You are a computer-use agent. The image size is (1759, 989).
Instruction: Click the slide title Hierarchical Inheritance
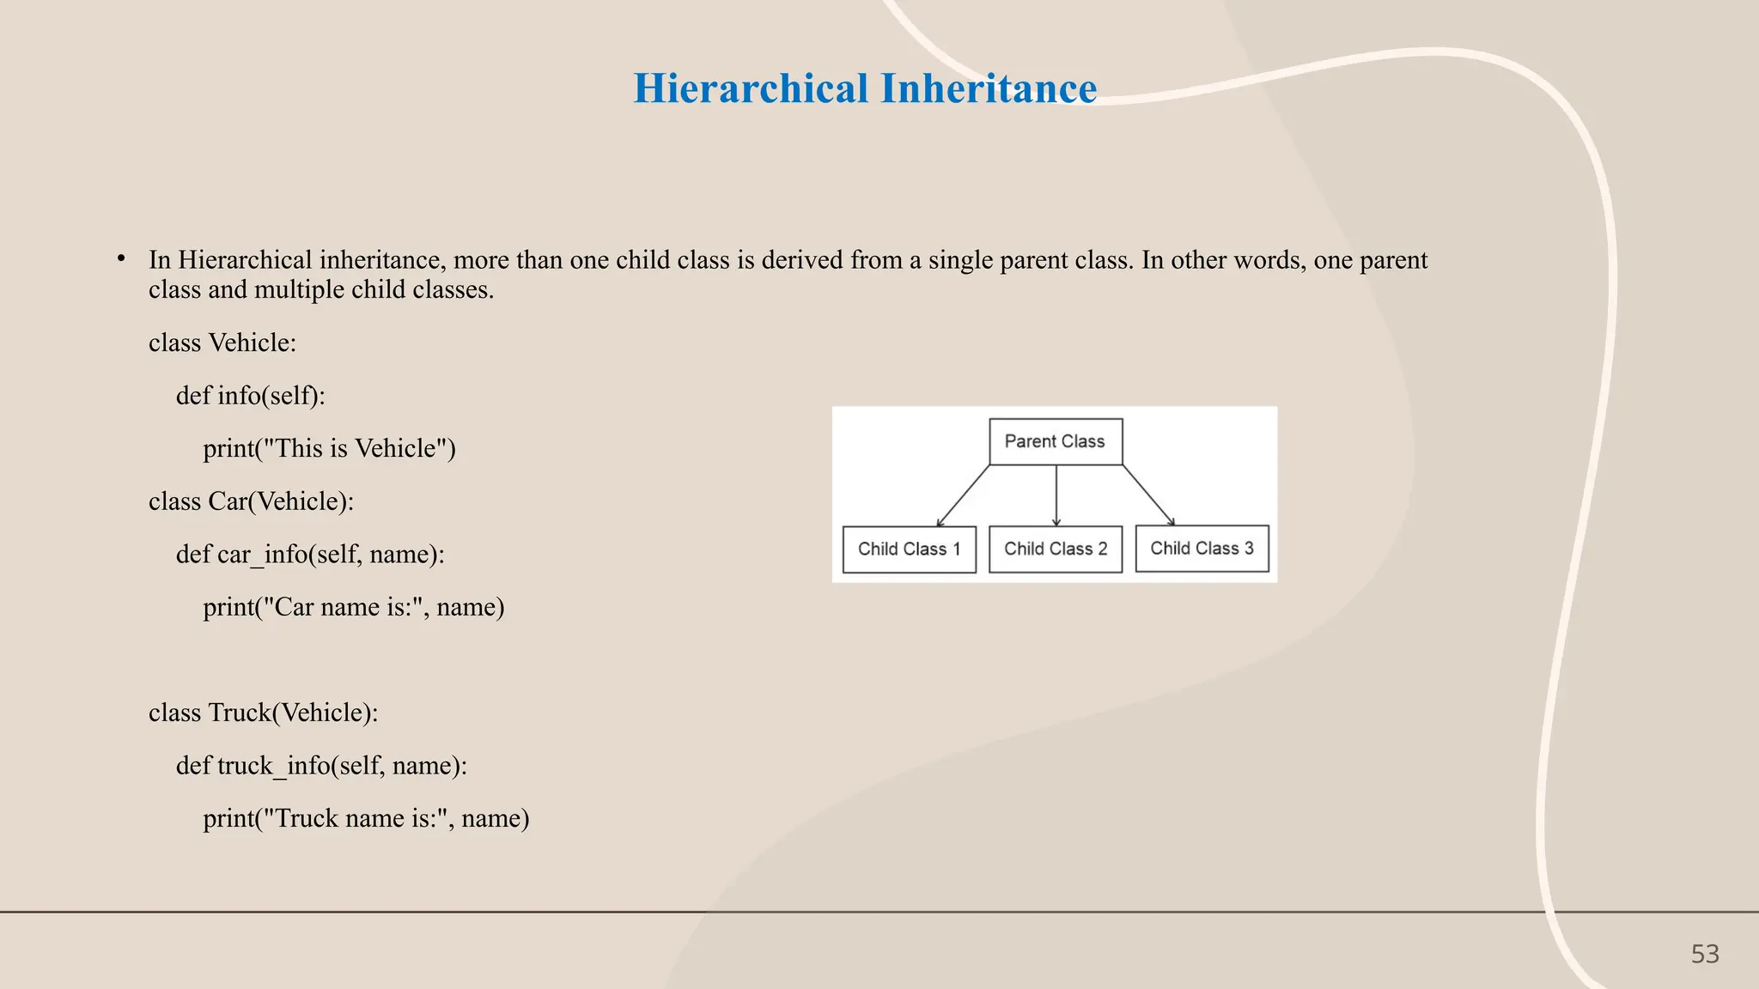coord(865,88)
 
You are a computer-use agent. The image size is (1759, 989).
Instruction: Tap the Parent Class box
coord(1056,441)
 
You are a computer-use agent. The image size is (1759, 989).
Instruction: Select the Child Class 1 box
coord(910,549)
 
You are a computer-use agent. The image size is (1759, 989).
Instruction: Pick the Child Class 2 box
coord(1056,549)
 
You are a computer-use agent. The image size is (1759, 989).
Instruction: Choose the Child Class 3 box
coord(1202,549)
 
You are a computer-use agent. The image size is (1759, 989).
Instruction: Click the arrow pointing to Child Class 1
coord(964,495)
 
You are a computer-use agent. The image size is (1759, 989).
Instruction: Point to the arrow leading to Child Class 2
coord(1056,495)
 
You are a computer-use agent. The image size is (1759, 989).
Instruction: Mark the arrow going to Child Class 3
coord(1148,495)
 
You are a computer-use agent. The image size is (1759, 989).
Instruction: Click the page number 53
coord(1705,954)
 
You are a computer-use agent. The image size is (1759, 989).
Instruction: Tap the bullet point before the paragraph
coord(122,258)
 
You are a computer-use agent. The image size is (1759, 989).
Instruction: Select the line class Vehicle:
coord(222,343)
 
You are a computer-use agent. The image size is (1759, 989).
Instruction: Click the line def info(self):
coord(251,396)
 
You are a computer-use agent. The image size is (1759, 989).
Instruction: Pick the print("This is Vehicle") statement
coord(329,448)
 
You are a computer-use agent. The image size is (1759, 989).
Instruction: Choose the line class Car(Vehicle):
coord(251,501)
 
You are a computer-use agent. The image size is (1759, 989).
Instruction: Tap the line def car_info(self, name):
coord(310,555)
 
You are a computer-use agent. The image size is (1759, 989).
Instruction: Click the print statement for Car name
coord(353,607)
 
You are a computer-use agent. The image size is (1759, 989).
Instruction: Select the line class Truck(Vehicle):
coord(263,713)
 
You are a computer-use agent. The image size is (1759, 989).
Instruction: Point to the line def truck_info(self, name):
coord(321,766)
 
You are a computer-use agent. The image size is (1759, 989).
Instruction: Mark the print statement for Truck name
coord(366,818)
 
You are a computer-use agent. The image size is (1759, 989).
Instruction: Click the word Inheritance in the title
coord(989,88)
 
